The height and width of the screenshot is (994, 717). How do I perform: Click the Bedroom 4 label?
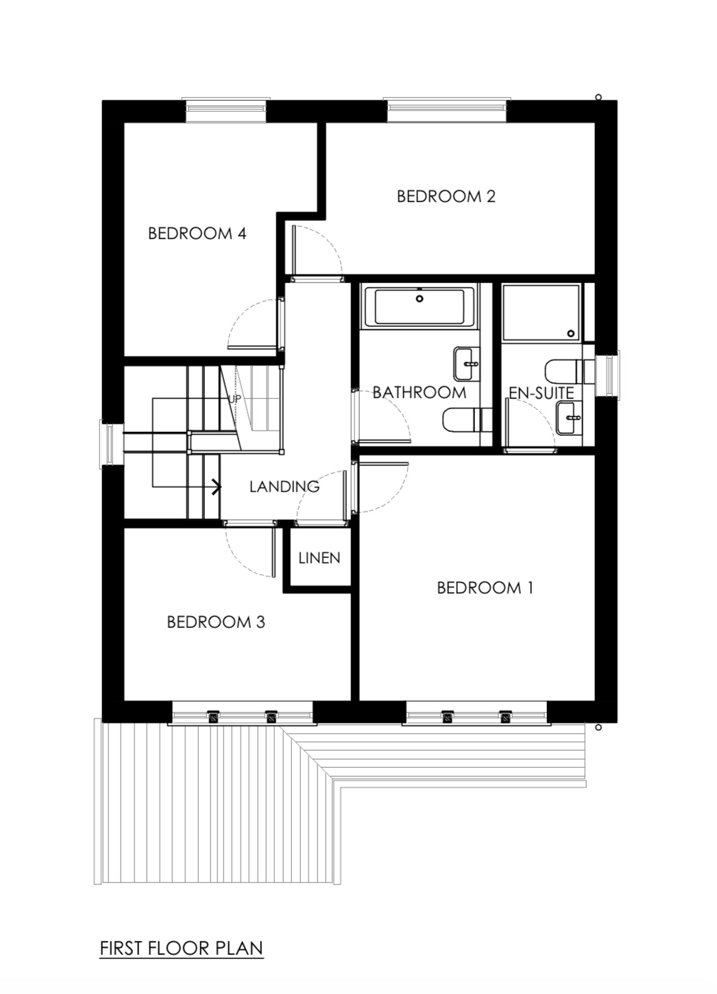tap(197, 233)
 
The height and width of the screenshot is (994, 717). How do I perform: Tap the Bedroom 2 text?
tap(446, 197)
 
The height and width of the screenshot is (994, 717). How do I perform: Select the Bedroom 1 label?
tap(485, 588)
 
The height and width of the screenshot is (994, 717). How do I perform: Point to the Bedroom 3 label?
tap(216, 622)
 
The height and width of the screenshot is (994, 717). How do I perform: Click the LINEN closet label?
tap(319, 558)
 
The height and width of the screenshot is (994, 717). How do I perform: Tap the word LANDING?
tap(284, 487)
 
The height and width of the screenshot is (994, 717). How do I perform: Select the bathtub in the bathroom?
tap(420, 307)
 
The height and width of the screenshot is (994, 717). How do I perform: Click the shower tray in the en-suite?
tap(541, 313)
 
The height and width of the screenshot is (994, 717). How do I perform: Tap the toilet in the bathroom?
tap(467, 420)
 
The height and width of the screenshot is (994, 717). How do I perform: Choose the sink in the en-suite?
tap(570, 417)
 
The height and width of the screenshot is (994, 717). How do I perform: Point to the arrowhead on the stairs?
tap(217, 487)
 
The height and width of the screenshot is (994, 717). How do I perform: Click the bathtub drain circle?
tap(420, 299)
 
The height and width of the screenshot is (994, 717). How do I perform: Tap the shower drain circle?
tap(571, 333)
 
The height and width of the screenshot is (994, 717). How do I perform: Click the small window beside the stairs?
tap(110, 444)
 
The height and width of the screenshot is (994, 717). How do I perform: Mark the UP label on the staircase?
tap(234, 399)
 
